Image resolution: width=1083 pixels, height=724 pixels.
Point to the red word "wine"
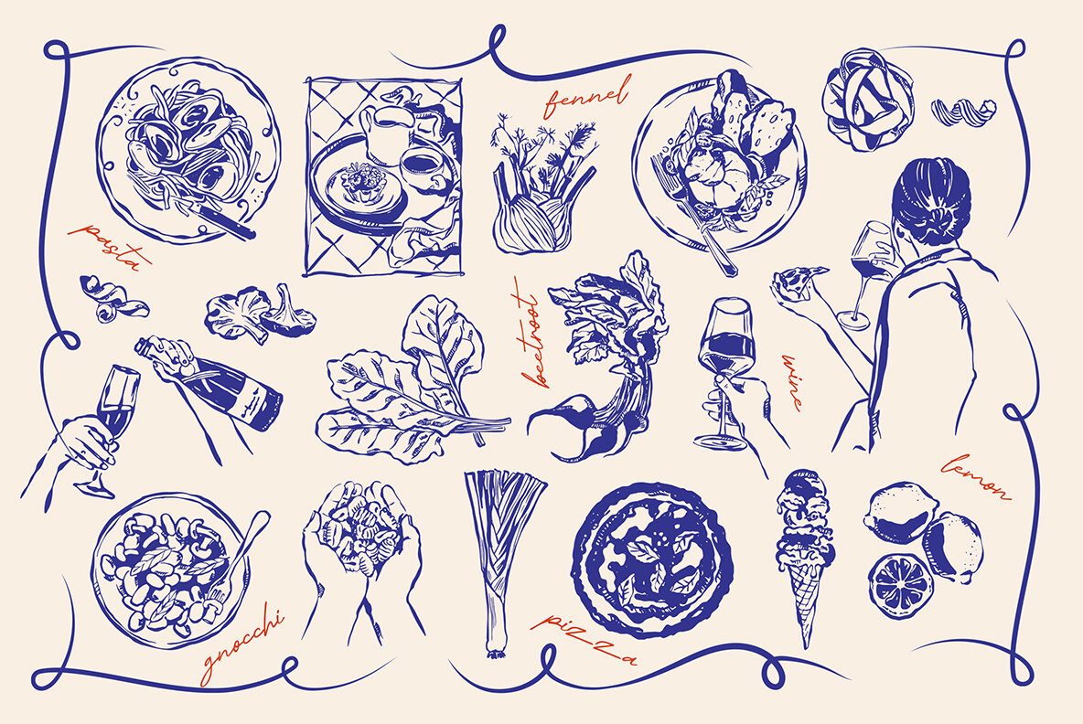792,380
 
